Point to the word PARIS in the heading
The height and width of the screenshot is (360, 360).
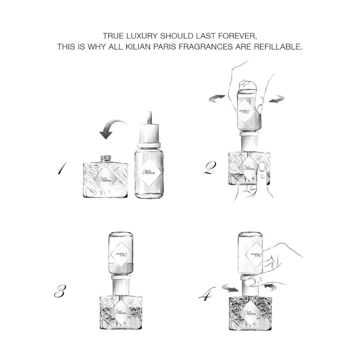pos(165,47)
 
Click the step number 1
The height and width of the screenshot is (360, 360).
pos(62,168)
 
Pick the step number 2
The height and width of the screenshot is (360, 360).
pos(210,168)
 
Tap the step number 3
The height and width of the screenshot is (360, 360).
pos(60,291)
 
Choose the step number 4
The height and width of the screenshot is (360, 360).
pos(207,294)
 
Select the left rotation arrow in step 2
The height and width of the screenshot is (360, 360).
pos(217,98)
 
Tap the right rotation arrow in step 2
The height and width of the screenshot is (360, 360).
pos(277,99)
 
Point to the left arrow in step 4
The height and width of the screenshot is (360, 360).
pos(230,288)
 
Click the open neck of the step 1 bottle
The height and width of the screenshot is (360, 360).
pos(106,158)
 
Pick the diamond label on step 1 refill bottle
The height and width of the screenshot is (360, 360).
pos(149,172)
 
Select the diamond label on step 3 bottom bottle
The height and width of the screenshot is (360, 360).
pos(121,312)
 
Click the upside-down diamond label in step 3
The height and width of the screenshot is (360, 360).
pos(121,254)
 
